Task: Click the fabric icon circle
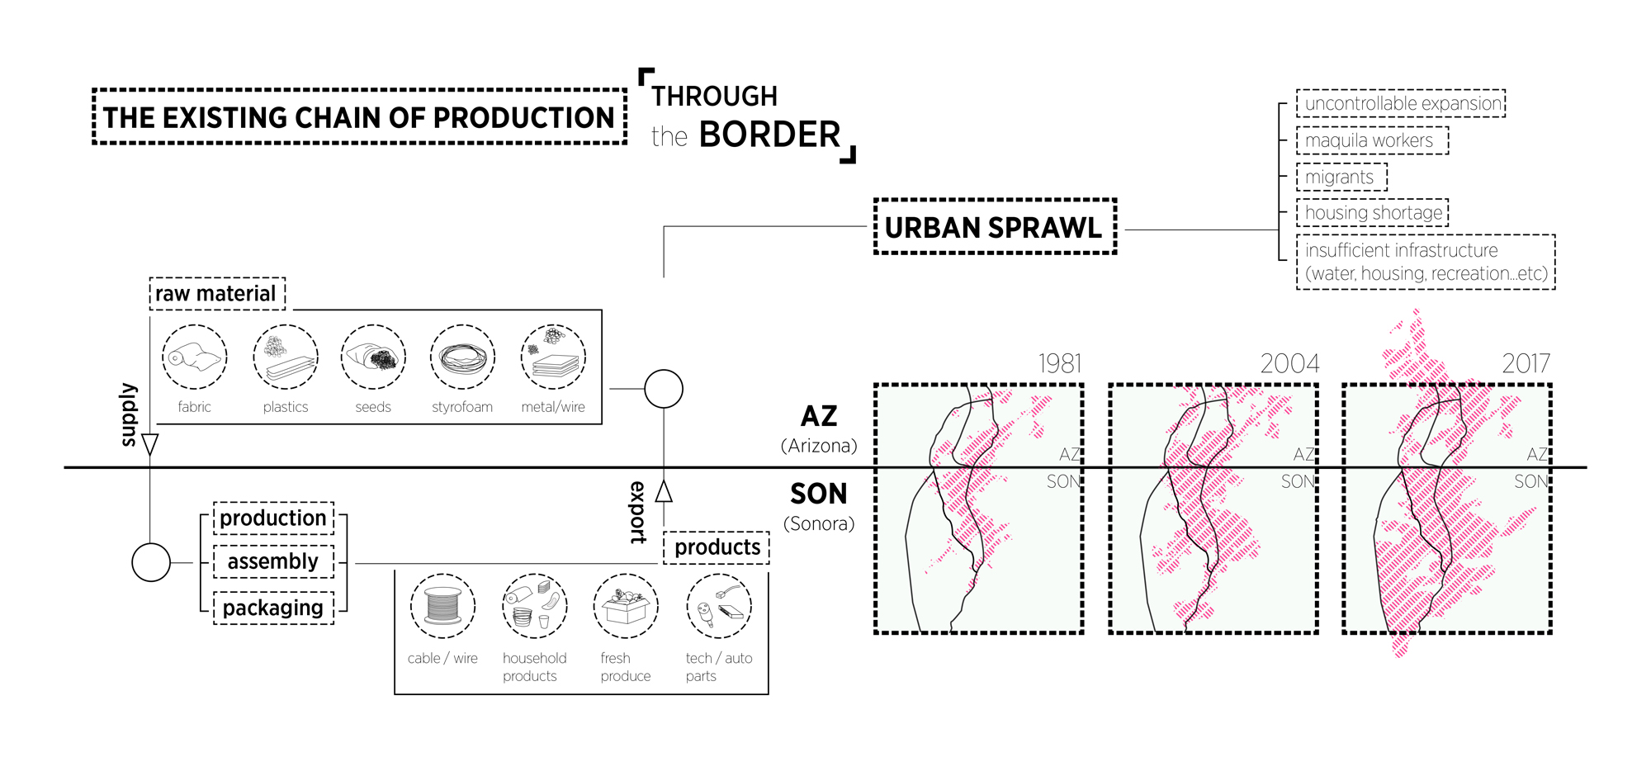(x=194, y=357)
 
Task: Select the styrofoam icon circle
(x=462, y=357)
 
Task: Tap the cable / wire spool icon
(x=442, y=606)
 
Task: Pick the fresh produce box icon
(x=626, y=606)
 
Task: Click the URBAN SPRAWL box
(x=995, y=226)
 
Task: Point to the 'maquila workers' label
(x=1371, y=140)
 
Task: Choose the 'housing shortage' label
(x=1372, y=213)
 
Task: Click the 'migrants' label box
(x=1341, y=177)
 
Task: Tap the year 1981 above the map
(x=1059, y=363)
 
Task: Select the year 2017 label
(x=1526, y=363)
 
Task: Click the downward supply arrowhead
(x=149, y=444)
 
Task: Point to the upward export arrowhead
(x=664, y=492)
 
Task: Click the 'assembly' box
(x=273, y=561)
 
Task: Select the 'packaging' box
(x=273, y=608)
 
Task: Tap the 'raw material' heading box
(x=217, y=294)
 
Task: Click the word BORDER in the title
(x=769, y=135)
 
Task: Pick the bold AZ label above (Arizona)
(x=819, y=416)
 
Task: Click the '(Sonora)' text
(x=819, y=523)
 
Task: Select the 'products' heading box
(x=717, y=547)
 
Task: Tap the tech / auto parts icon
(x=719, y=606)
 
